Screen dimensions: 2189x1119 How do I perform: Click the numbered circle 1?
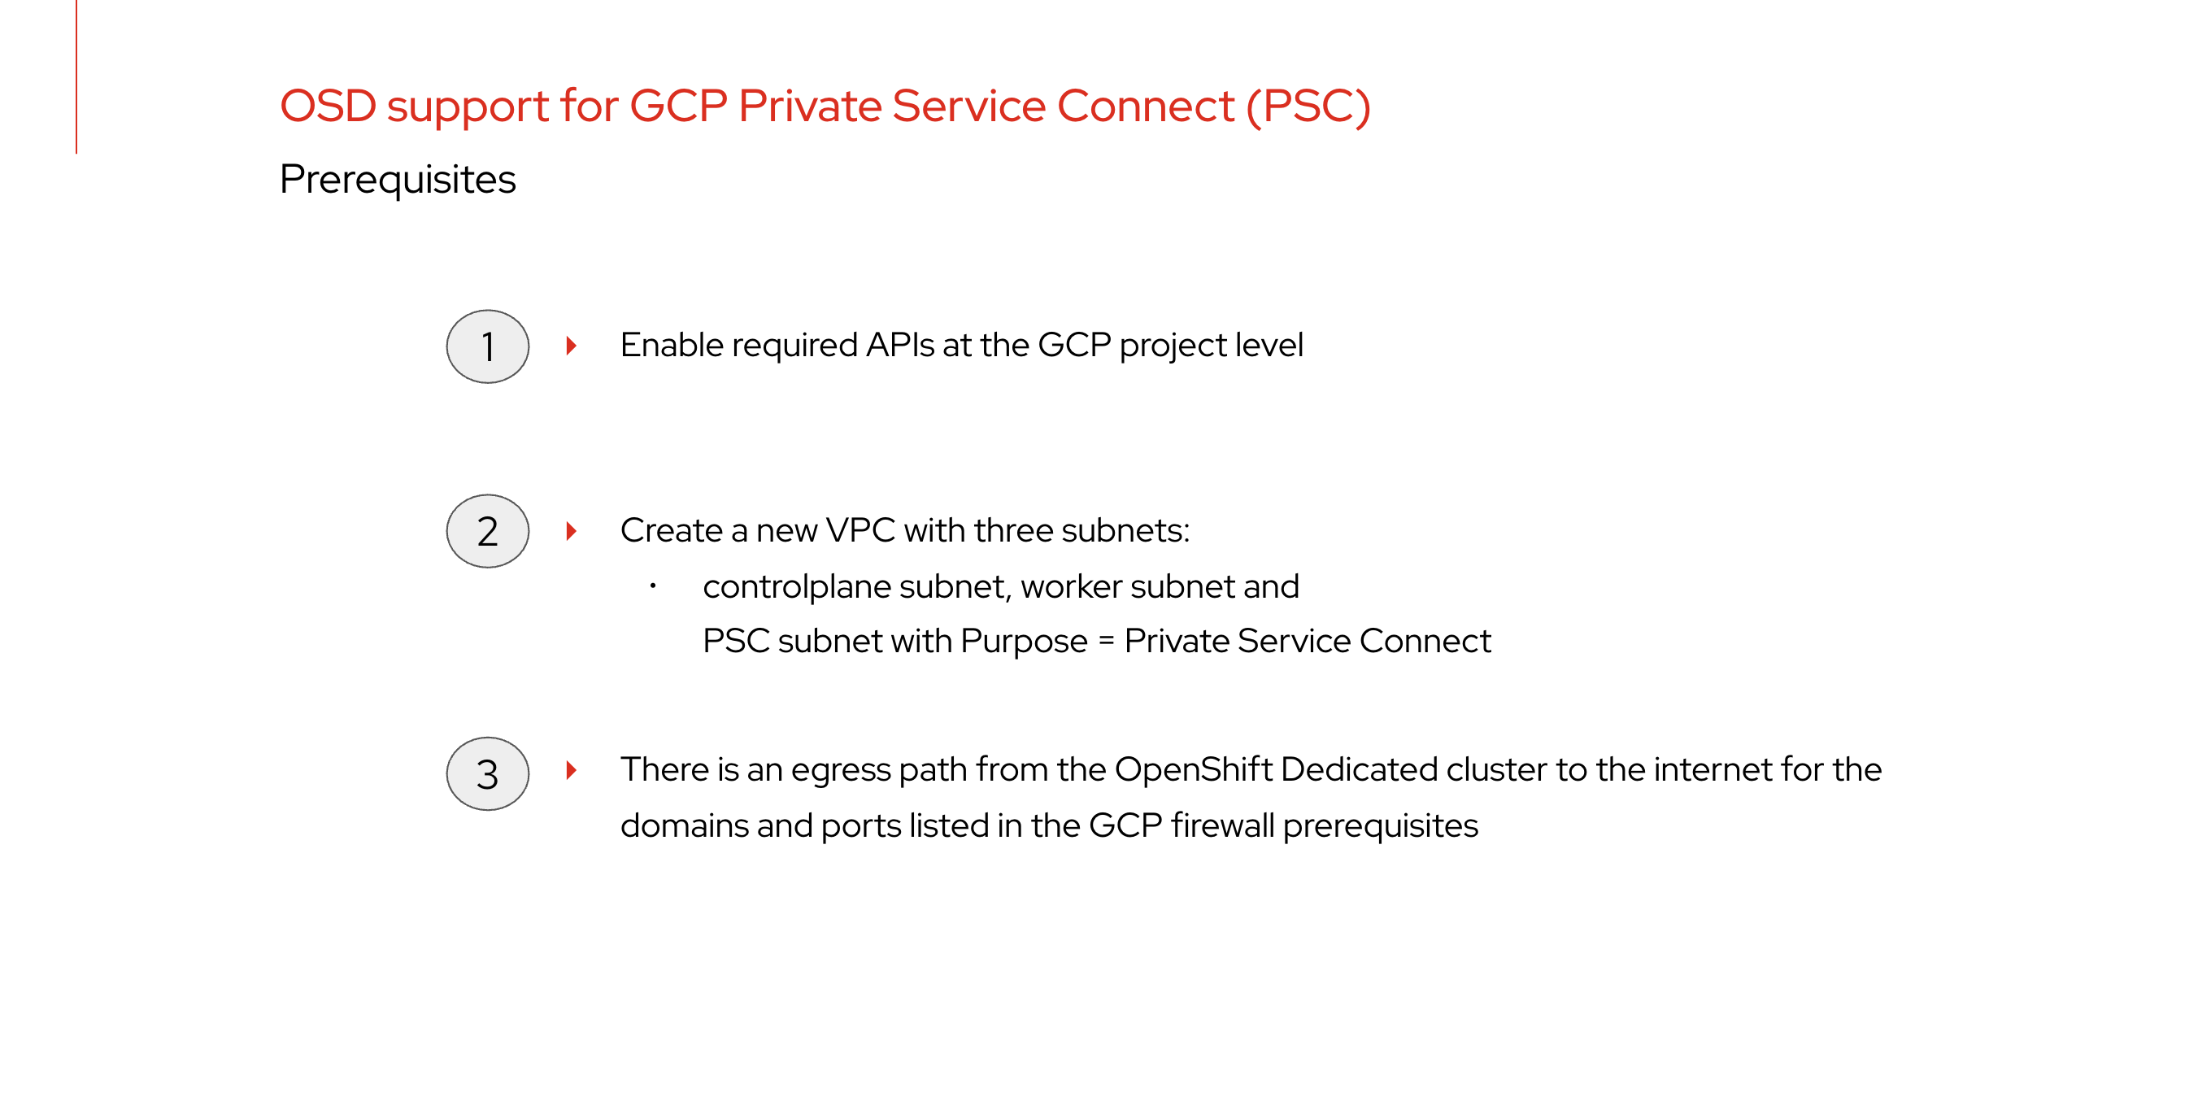pyautogui.click(x=488, y=346)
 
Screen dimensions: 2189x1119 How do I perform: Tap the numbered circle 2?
pyautogui.click(x=488, y=531)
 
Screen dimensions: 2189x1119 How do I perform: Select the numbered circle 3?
pyautogui.click(x=488, y=773)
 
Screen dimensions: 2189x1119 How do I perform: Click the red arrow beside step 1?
pyautogui.click(x=572, y=345)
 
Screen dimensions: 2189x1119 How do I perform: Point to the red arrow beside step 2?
pyautogui.click(x=572, y=531)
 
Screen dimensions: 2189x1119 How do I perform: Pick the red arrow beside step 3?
pyautogui.click(x=572, y=770)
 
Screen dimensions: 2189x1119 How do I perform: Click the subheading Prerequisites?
pyautogui.click(x=398, y=180)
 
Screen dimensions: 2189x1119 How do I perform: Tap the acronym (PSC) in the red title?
pyautogui.click(x=1308, y=107)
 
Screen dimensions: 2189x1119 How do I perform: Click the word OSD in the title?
pyautogui.click(x=328, y=107)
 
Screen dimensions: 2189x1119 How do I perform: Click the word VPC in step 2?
pyautogui.click(x=860, y=530)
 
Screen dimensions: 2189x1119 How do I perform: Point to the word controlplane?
pyautogui.click(x=796, y=587)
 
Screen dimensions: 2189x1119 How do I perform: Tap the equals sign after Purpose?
pyautogui.click(x=1106, y=642)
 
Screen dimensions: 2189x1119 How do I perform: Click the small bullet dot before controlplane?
pyautogui.click(x=653, y=586)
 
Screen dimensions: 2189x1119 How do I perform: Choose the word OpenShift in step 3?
pyautogui.click(x=1193, y=769)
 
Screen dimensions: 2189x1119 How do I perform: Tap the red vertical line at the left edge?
pyautogui.click(x=76, y=76)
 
